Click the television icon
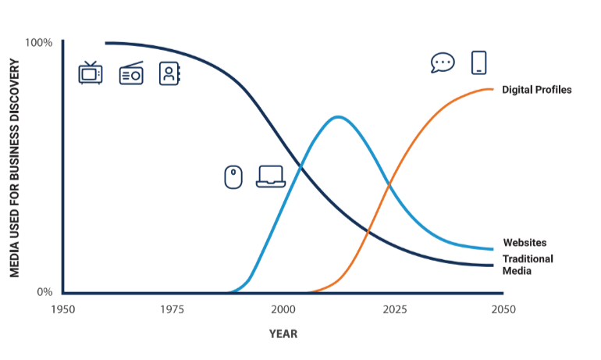point(91,72)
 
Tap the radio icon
point(131,73)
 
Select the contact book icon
point(169,73)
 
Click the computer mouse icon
point(233,177)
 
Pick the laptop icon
point(271,176)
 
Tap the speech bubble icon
point(443,62)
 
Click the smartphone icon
point(478,62)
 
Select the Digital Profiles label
point(537,90)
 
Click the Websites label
point(525,242)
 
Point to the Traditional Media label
point(528,265)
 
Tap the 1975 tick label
point(172,309)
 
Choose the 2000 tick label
point(283,309)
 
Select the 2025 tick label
point(395,309)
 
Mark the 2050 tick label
point(503,309)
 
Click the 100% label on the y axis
point(39,42)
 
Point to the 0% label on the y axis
point(44,292)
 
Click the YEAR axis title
point(283,334)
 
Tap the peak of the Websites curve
point(338,117)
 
